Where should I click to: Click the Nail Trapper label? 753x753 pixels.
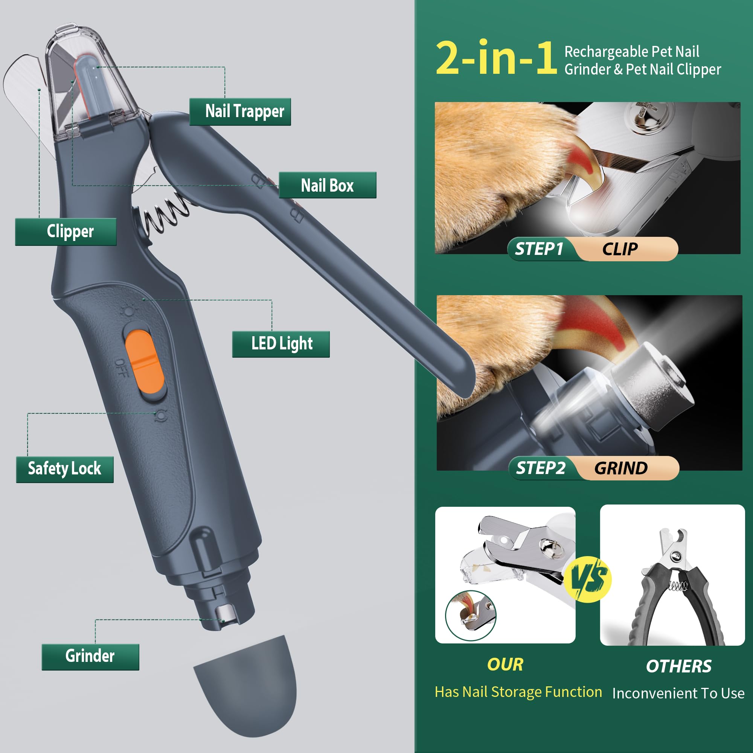[240, 111]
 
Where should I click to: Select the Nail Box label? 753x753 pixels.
[328, 185]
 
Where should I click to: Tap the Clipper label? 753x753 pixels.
[66, 232]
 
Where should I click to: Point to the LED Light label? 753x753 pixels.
[281, 344]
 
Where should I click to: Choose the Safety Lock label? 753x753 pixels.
[65, 469]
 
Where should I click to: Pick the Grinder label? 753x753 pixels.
[90, 657]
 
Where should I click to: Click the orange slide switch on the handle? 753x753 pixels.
[145, 362]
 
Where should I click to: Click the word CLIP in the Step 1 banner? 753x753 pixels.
[620, 249]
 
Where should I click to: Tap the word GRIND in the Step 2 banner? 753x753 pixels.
[621, 468]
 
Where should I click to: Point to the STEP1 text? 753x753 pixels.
[539, 249]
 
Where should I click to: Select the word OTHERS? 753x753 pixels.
[678, 666]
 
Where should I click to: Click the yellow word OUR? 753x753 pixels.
[505, 665]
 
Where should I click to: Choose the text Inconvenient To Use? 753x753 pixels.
[678, 694]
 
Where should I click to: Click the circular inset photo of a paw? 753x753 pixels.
[470, 616]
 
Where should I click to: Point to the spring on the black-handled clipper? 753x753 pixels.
[678, 586]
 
